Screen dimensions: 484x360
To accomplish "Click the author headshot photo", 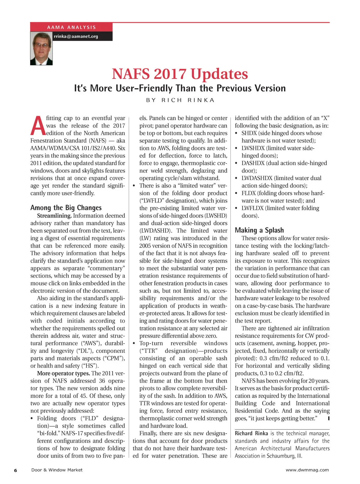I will click(41, 48).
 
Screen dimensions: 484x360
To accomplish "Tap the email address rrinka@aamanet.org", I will click(76, 36).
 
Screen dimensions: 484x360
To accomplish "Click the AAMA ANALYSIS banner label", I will click(71, 27).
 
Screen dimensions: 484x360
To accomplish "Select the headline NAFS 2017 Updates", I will click(180, 74).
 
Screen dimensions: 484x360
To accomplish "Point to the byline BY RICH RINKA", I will click(180, 100).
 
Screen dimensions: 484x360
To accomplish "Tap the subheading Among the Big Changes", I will click(66, 208).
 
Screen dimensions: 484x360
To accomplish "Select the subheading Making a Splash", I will click(259, 230).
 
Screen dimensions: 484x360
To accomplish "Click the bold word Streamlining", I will click(54, 216).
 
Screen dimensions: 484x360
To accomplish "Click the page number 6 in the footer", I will click(16, 470).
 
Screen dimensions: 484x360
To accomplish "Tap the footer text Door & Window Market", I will click(57, 470).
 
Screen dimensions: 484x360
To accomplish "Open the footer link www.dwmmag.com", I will click(307, 470).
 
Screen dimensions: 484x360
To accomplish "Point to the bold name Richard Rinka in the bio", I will click(251, 433).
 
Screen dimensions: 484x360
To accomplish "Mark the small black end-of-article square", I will click(329, 418).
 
